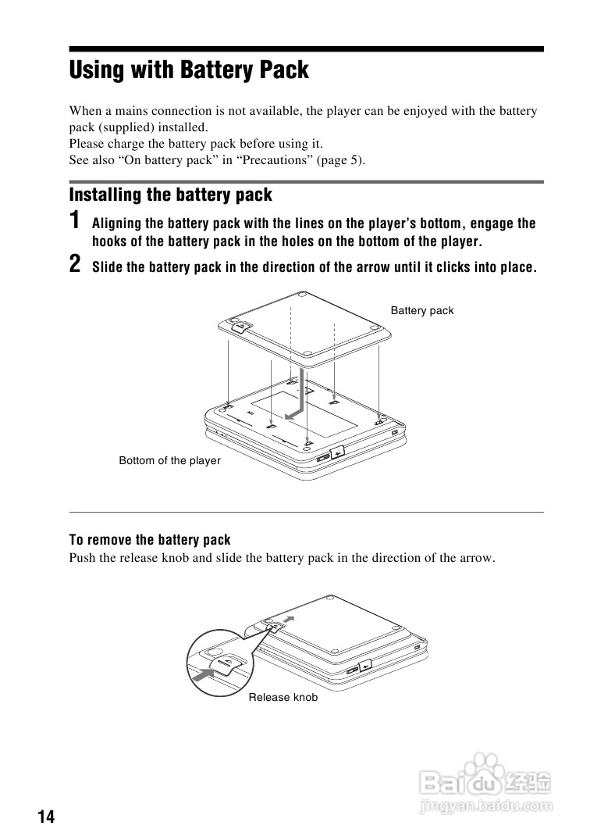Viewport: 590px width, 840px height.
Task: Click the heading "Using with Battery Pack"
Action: [x=189, y=70]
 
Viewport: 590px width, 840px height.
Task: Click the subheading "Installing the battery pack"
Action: [x=170, y=195]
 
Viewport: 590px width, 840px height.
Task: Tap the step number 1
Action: [x=74, y=220]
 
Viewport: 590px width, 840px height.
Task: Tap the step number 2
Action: [x=75, y=264]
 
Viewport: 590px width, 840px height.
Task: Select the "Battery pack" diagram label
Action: [x=421, y=311]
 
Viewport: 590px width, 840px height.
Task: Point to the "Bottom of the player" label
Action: [x=169, y=461]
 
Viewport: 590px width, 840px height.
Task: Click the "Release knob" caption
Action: [x=283, y=698]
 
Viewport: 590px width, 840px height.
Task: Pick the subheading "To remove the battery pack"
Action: [x=150, y=540]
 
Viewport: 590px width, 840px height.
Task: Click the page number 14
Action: [x=46, y=817]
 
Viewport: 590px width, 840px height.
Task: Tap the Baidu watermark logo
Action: [x=484, y=777]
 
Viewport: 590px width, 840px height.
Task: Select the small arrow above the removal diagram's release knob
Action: [x=290, y=618]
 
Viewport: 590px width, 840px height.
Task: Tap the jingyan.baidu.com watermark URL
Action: [x=485, y=806]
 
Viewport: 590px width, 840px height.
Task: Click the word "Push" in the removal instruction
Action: [x=82, y=558]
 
